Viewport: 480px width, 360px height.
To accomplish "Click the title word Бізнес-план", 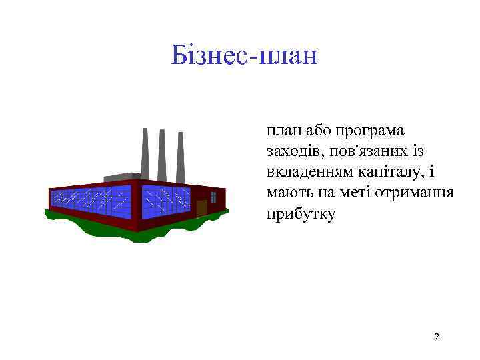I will click(x=244, y=55).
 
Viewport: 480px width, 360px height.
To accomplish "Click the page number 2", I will click(x=437, y=336).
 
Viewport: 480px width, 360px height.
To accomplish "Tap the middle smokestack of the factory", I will click(x=162, y=154).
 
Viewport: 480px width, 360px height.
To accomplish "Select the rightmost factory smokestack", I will click(x=180, y=157).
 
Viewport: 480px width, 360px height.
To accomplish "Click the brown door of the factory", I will click(x=201, y=207).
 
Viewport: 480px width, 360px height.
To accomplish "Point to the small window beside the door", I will click(x=213, y=197).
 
